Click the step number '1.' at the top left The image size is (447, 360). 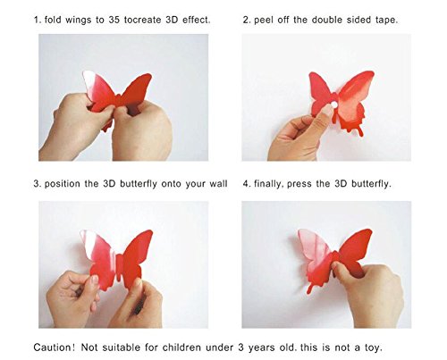37,18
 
